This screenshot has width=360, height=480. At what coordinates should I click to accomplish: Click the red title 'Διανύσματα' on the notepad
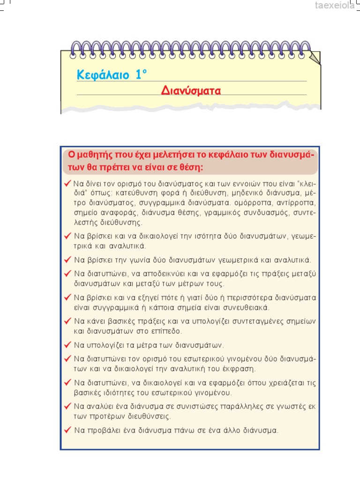[191, 90]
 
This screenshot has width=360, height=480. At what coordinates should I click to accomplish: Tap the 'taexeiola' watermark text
[336, 6]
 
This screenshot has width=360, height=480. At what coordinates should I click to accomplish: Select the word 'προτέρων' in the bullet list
[105, 416]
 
